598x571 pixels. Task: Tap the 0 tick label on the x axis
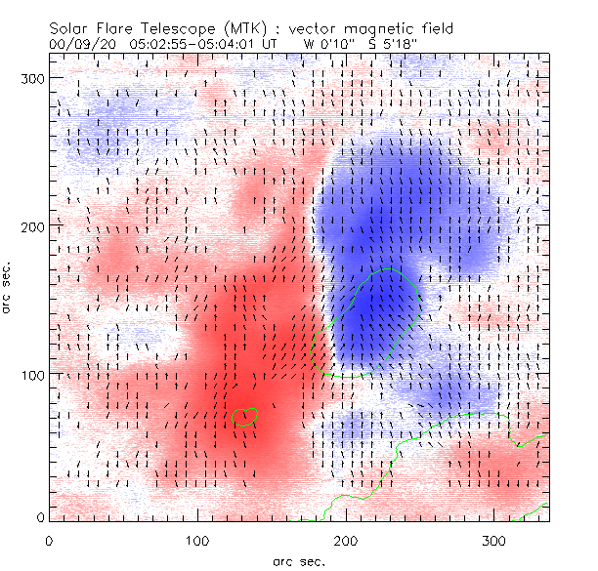[x=49, y=540]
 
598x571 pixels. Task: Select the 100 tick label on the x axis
[x=197, y=540]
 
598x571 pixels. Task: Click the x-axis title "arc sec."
[x=299, y=560]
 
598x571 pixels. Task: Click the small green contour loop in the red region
[x=246, y=417]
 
